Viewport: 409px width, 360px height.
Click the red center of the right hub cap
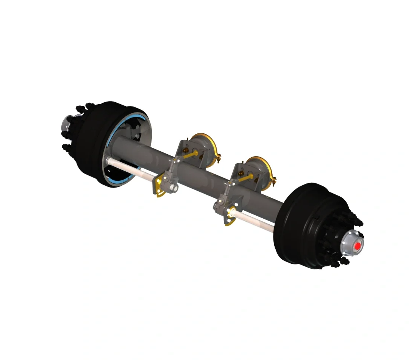[x=357, y=246]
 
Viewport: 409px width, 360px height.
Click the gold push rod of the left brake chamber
[x=191, y=155]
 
